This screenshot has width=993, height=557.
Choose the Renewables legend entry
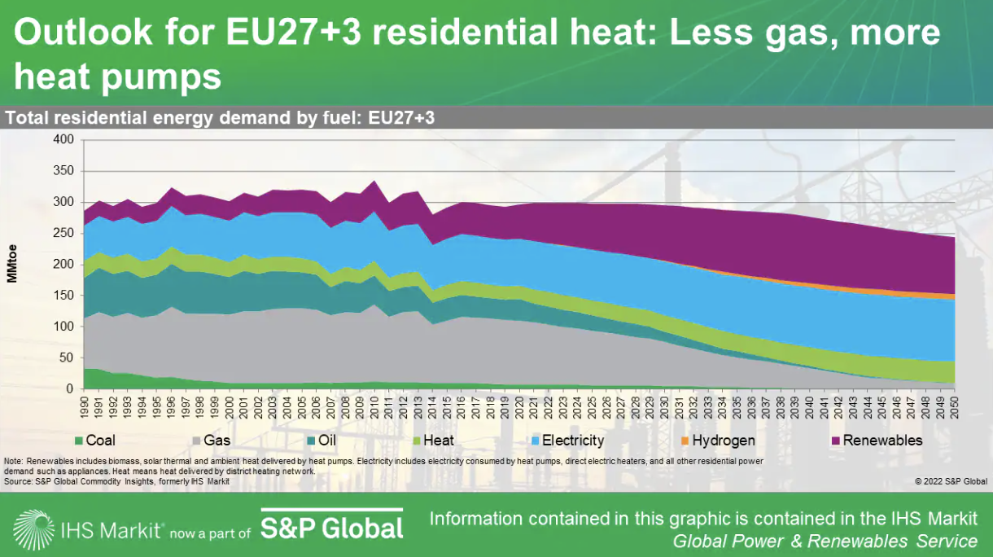876,441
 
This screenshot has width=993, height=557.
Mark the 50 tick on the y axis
67,358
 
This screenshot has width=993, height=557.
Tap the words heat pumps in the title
118,77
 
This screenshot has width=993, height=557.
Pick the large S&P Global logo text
332,528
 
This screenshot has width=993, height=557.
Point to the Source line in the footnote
116,481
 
